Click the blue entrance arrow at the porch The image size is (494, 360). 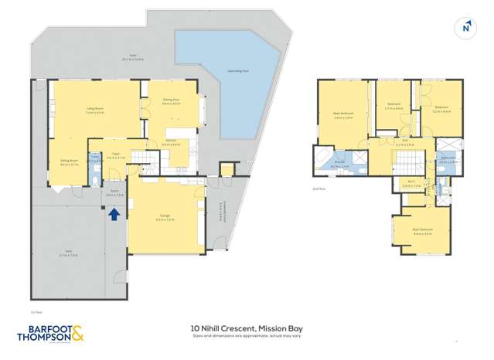coord(114,214)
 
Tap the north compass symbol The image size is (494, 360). coord(466,27)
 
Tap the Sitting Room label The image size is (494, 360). coord(70,162)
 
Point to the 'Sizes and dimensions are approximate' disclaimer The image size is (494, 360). coord(247,336)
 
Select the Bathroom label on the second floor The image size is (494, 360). coord(448,161)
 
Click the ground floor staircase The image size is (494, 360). coord(142,158)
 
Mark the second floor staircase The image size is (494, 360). coord(407,160)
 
